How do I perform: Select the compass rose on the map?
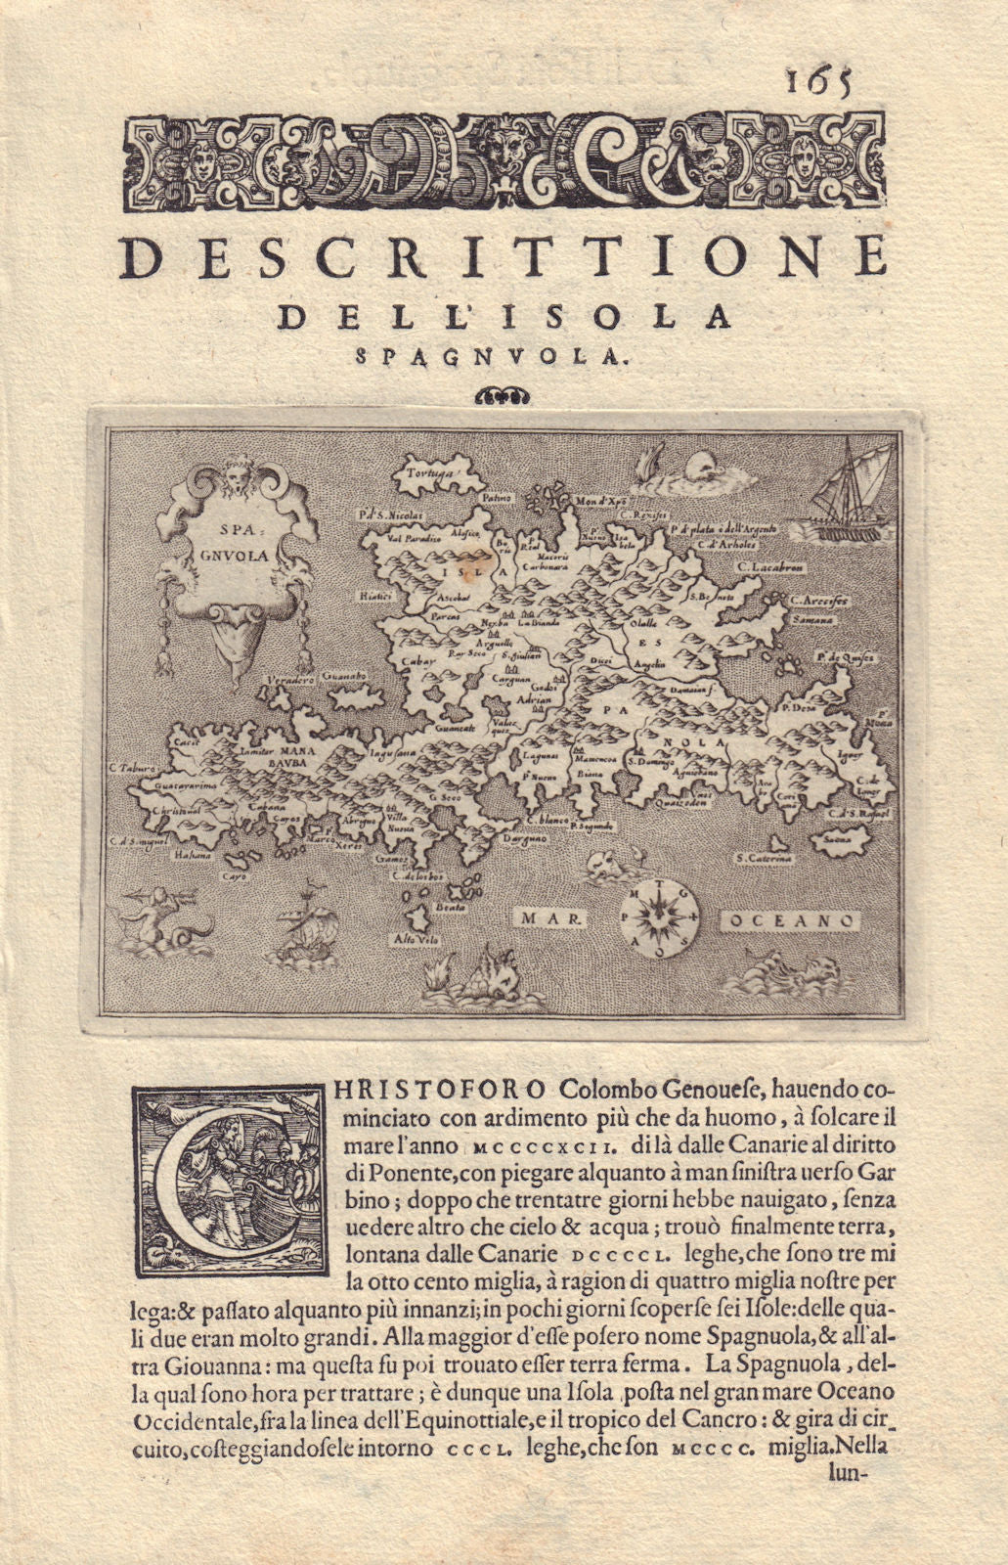pos(657,917)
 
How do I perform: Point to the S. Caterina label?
pos(765,859)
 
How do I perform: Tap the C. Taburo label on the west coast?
pos(132,768)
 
